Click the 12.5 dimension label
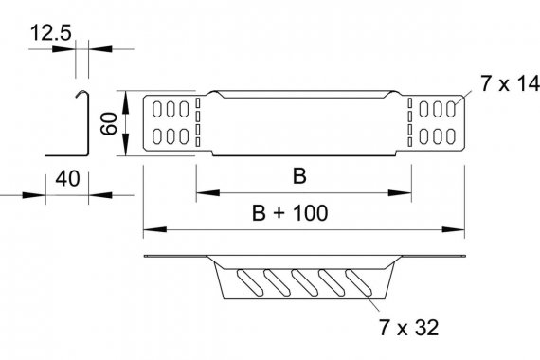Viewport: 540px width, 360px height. pos(50,33)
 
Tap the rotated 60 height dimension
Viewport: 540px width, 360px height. pos(109,124)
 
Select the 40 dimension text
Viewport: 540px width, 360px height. pos(67,179)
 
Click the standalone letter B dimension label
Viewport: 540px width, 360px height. pos(299,176)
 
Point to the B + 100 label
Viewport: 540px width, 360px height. pos(290,213)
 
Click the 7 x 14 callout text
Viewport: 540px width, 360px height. pos(510,83)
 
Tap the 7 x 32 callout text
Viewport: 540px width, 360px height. pos(409,328)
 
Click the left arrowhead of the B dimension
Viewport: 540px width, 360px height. pos(207,193)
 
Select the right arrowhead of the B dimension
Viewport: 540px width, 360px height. pos(400,193)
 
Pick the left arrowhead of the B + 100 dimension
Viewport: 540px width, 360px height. pos(155,229)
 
